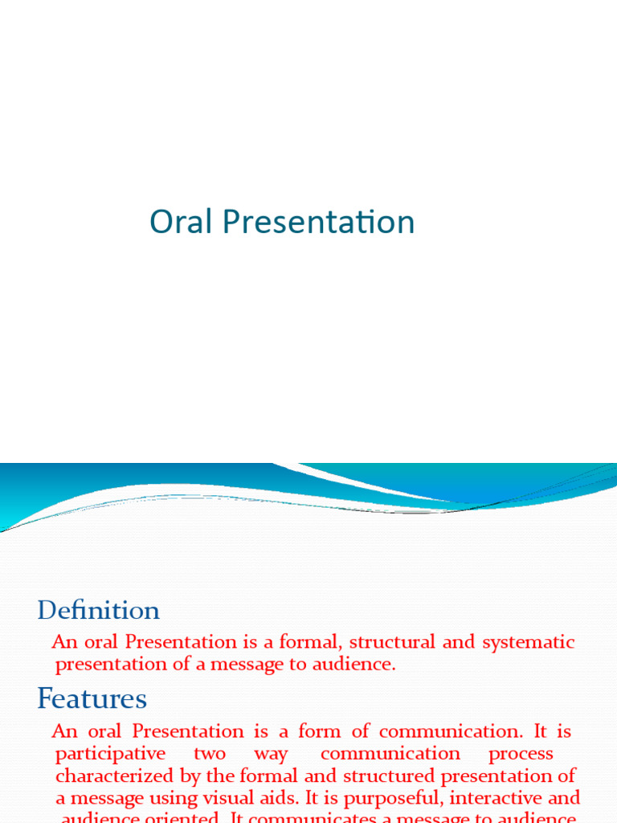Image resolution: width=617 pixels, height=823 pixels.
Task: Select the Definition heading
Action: pyautogui.click(x=98, y=611)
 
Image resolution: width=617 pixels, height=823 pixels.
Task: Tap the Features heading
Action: pyautogui.click(x=92, y=699)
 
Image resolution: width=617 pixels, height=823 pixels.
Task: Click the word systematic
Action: pyautogui.click(x=529, y=642)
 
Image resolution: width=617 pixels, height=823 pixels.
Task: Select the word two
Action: pyautogui.click(x=210, y=754)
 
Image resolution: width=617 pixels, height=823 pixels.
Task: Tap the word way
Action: pyautogui.click(x=271, y=755)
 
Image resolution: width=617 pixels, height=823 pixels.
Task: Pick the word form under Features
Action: pyautogui.click(x=319, y=731)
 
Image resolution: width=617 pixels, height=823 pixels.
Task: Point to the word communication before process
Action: pyautogui.click(x=390, y=754)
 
